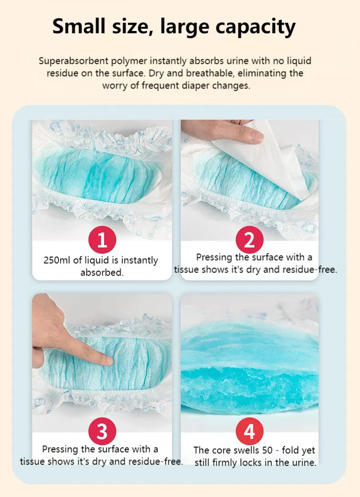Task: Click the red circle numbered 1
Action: coord(102,240)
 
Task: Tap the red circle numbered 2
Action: coord(250,240)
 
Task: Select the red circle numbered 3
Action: coord(102,431)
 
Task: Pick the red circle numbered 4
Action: coord(250,431)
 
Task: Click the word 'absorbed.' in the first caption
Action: coord(102,273)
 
